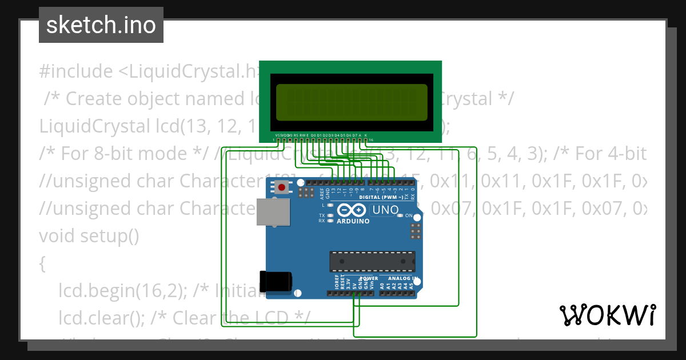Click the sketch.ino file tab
click(x=101, y=25)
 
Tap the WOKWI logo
click(x=607, y=315)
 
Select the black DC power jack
click(x=276, y=281)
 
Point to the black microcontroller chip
click(x=372, y=261)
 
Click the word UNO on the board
click(x=385, y=210)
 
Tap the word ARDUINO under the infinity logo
click(x=353, y=221)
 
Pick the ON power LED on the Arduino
click(x=401, y=215)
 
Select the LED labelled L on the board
click(x=330, y=205)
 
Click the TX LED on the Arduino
click(x=330, y=215)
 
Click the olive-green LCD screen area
click(x=352, y=103)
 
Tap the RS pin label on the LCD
click(x=296, y=135)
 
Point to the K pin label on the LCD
click(x=366, y=135)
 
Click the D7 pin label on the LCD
click(x=354, y=135)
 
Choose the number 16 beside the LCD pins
click(x=371, y=140)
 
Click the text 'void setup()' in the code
click(x=89, y=235)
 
